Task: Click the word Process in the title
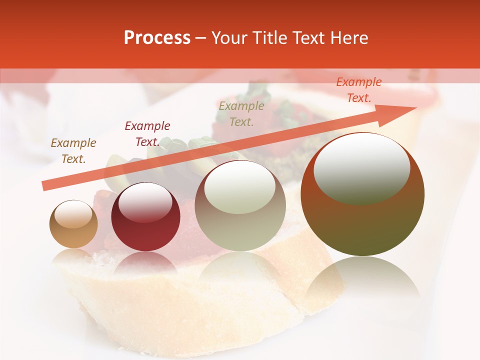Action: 157,38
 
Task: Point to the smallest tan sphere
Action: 73,224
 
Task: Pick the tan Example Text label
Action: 73,151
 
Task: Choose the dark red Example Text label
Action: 147,134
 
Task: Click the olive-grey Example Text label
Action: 241,113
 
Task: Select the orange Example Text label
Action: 358,90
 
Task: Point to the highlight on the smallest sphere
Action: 73,214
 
